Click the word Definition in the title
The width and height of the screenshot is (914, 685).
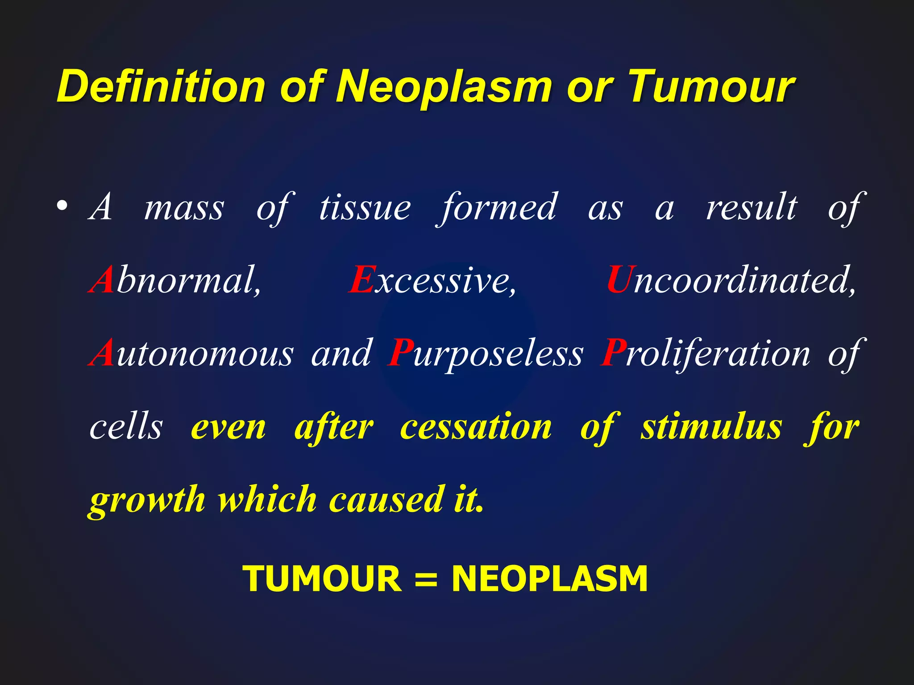pyautogui.click(x=161, y=86)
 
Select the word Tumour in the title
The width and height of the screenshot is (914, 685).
pyautogui.click(x=711, y=86)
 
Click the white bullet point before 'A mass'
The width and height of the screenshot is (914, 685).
pyautogui.click(x=62, y=206)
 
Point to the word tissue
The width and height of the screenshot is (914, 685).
pyautogui.click(x=365, y=207)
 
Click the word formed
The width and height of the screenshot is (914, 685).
pyautogui.click(x=498, y=207)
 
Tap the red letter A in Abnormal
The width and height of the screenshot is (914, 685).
pyautogui.click(x=102, y=280)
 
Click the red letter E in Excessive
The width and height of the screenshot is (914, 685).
pyautogui.click(x=361, y=280)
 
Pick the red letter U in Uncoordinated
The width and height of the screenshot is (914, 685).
pyautogui.click(x=619, y=280)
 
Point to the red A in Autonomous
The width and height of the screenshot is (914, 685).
pyautogui.click(x=102, y=353)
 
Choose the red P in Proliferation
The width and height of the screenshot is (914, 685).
pyautogui.click(x=612, y=353)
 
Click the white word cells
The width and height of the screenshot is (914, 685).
pyautogui.click(x=126, y=427)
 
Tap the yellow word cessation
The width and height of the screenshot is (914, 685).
pyautogui.click(x=476, y=427)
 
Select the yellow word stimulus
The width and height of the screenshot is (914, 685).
pyautogui.click(x=711, y=427)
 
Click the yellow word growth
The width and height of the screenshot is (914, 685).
pyautogui.click(x=147, y=500)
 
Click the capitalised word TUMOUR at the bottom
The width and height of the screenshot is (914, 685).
pyautogui.click(x=322, y=579)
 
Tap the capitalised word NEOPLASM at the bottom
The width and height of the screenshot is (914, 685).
pyautogui.click(x=549, y=579)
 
